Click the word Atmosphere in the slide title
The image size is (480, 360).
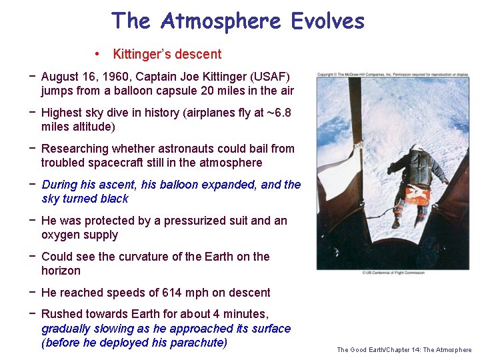[x=222, y=21]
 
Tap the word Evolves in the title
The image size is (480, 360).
[x=327, y=21]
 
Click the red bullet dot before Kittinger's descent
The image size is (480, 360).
[x=97, y=54]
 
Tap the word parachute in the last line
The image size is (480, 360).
[x=197, y=343]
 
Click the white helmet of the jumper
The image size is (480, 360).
[x=417, y=148]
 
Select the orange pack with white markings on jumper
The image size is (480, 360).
[x=417, y=194]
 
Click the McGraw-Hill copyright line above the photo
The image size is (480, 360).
[x=393, y=74]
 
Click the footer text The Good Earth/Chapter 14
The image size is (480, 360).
[x=404, y=349]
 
